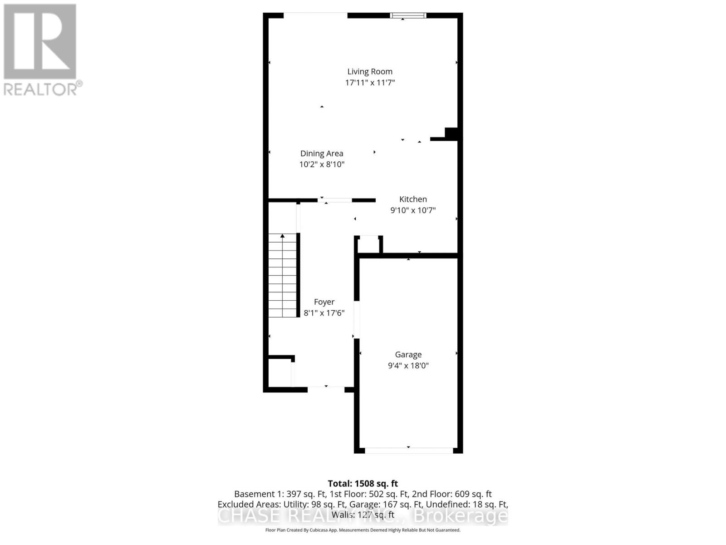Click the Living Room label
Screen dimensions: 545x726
coord(370,71)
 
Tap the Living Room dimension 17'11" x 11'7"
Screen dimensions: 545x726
coord(370,83)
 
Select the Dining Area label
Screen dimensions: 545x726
coord(322,154)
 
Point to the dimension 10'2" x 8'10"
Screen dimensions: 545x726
coord(322,164)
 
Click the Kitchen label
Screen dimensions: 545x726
coord(413,199)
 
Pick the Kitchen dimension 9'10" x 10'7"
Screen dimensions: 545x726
coord(413,210)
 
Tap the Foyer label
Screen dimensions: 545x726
coord(324,302)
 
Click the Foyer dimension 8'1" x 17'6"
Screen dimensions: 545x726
coord(324,313)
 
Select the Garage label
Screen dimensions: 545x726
coord(408,355)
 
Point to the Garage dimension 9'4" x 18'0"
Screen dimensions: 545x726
coord(408,366)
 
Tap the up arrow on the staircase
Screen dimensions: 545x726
coord(282,236)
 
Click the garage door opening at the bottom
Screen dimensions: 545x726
coord(408,450)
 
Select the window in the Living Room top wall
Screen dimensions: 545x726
coord(408,16)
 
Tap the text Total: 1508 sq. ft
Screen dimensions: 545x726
coord(363,484)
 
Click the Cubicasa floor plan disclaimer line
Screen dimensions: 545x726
coord(363,530)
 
